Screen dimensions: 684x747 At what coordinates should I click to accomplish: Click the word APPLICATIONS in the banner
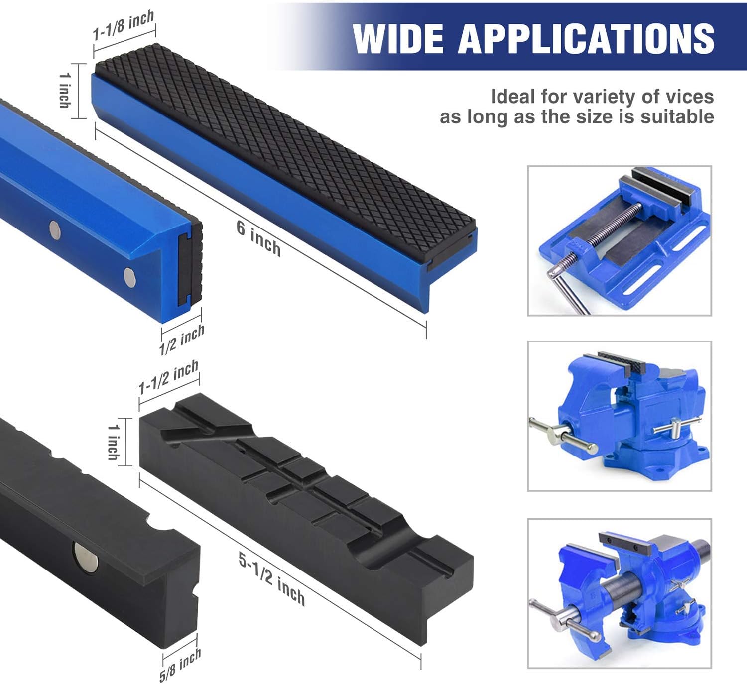point(586,38)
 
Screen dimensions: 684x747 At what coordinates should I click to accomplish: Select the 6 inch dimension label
point(258,238)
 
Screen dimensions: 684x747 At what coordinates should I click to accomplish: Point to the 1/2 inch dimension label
point(182,340)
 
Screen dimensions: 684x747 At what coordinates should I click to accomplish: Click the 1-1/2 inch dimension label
point(168,377)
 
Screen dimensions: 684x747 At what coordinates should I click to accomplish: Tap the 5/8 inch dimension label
point(180,665)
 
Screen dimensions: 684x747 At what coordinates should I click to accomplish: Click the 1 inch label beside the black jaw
point(114,442)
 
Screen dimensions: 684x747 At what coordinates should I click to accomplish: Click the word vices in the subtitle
point(689,97)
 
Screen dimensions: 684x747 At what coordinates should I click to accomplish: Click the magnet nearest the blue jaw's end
point(129,277)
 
